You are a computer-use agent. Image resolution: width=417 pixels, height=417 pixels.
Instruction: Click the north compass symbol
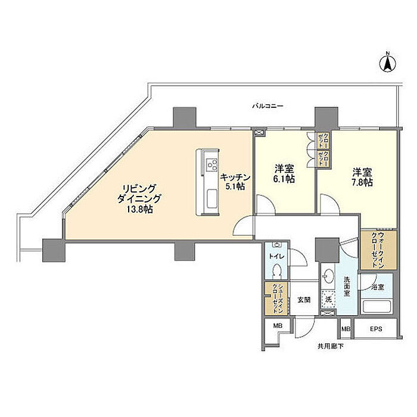click(386, 63)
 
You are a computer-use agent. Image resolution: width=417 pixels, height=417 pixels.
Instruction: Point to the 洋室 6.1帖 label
click(284, 173)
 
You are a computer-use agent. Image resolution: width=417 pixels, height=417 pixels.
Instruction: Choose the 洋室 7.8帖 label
click(362, 177)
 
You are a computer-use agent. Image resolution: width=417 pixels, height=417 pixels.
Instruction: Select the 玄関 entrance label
click(304, 299)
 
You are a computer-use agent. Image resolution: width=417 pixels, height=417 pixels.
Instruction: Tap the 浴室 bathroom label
click(377, 287)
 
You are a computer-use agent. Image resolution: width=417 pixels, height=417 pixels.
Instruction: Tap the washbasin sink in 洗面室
click(328, 277)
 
